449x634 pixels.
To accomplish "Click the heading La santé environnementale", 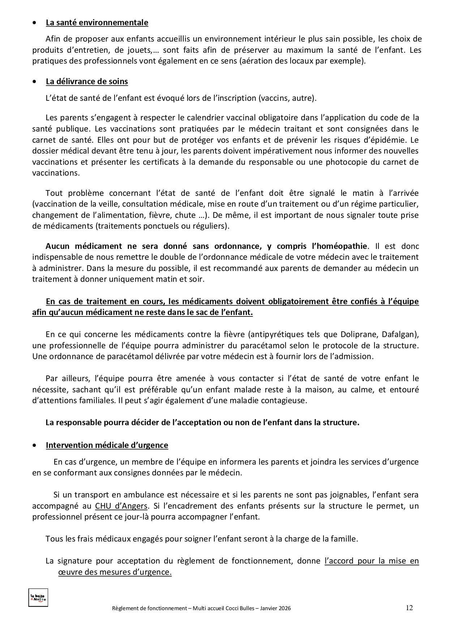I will click(x=97, y=23).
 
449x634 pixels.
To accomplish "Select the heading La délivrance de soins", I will click(x=87, y=82).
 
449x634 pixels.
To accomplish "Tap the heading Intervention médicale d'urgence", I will click(x=107, y=445).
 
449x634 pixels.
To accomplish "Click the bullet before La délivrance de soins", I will click(x=34, y=82).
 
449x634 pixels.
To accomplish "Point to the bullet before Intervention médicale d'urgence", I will click(x=34, y=445).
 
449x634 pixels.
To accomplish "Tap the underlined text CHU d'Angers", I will click(x=121, y=506).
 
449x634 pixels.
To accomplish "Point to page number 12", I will click(x=409, y=608).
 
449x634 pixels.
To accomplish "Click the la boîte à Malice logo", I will click(x=38, y=598).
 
